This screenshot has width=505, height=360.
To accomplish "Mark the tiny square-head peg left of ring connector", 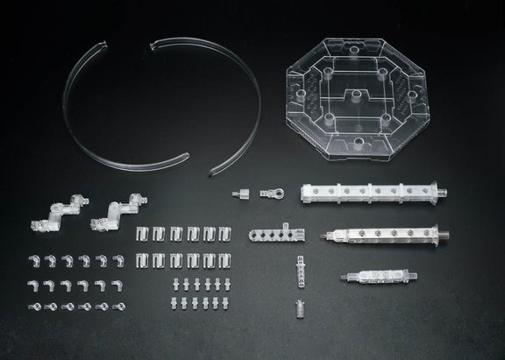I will [238, 194].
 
